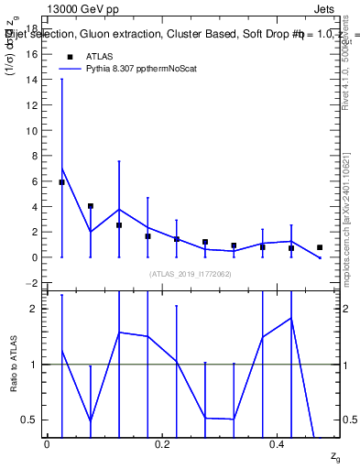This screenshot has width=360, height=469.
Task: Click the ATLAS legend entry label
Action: [100, 56]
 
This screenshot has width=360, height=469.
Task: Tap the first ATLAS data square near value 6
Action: [61, 182]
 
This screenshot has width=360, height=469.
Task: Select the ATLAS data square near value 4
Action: [91, 206]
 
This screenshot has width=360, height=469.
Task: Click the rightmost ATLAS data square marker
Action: [320, 247]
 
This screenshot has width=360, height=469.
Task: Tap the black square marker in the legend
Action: [70, 56]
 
